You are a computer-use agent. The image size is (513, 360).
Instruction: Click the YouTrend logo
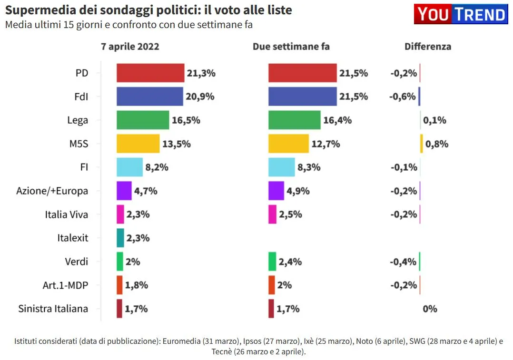point(460,15)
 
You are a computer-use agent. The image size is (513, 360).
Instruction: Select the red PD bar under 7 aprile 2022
point(150,73)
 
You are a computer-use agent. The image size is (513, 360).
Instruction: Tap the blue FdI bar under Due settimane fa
point(302,97)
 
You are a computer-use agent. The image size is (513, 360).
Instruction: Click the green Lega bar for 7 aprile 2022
point(143,120)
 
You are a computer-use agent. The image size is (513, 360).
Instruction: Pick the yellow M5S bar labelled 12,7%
point(288,144)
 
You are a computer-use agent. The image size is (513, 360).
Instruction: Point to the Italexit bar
point(120,238)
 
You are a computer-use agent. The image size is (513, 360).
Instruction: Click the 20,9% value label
point(200,97)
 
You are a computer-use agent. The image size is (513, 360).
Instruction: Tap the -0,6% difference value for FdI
point(403,97)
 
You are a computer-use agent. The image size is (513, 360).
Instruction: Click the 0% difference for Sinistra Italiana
point(430,309)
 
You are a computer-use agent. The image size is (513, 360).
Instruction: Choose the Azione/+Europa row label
point(52,191)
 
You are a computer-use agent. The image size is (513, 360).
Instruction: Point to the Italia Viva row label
point(67,214)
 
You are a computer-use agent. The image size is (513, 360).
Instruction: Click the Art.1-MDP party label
point(65,285)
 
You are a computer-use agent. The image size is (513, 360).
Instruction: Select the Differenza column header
point(428,47)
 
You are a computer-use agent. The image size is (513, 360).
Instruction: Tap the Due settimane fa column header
point(291,47)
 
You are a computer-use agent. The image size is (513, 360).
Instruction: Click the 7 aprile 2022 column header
point(130,47)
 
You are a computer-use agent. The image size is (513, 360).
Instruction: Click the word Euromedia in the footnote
point(181,341)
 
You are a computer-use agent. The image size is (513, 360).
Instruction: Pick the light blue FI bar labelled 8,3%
point(282,167)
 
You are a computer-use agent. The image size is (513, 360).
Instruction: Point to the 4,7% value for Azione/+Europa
point(146,191)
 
